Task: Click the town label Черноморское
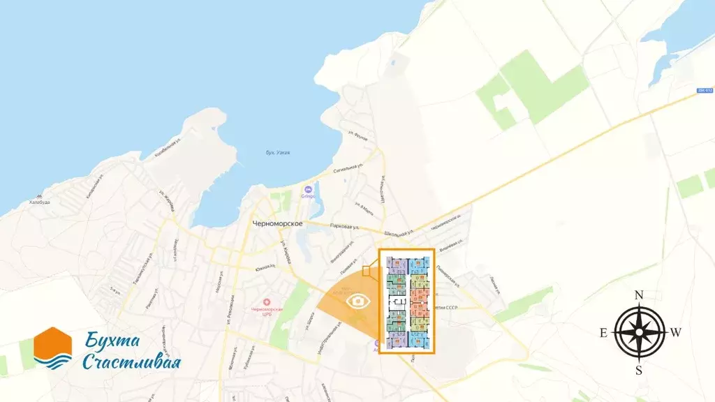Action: [x=277, y=223]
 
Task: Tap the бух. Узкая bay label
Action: [x=278, y=152]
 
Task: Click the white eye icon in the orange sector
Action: [x=358, y=301]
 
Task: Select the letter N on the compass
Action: [x=638, y=295]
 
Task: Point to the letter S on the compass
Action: [x=638, y=371]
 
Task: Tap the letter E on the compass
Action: [x=604, y=333]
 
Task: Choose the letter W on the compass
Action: [x=675, y=333]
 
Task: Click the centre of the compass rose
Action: [x=638, y=333]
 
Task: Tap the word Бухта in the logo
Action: [x=113, y=341]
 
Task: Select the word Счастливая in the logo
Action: [x=131, y=362]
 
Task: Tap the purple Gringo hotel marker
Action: [x=308, y=189]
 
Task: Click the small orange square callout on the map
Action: [x=366, y=271]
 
